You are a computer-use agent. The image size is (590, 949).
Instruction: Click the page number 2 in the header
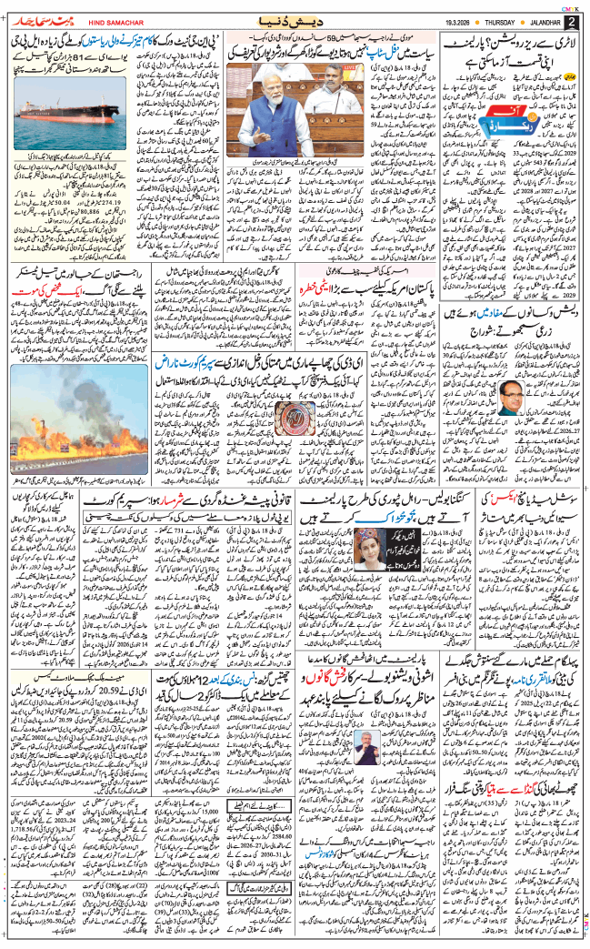pos(570,21)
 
